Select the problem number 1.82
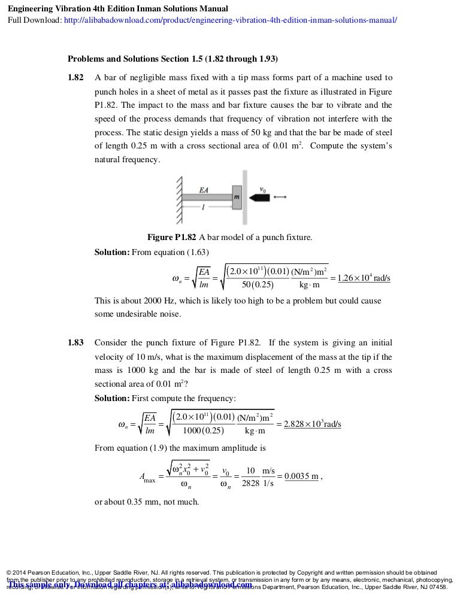click(x=76, y=78)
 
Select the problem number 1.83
click(x=76, y=343)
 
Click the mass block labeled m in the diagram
click(x=237, y=197)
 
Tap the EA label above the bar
click(x=204, y=189)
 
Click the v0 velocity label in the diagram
click(x=263, y=189)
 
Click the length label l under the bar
click(x=204, y=207)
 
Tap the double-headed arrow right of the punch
click(x=281, y=197)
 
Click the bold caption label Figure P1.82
click(x=172, y=237)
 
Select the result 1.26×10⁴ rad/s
click(x=364, y=278)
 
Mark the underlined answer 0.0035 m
click(x=302, y=476)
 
